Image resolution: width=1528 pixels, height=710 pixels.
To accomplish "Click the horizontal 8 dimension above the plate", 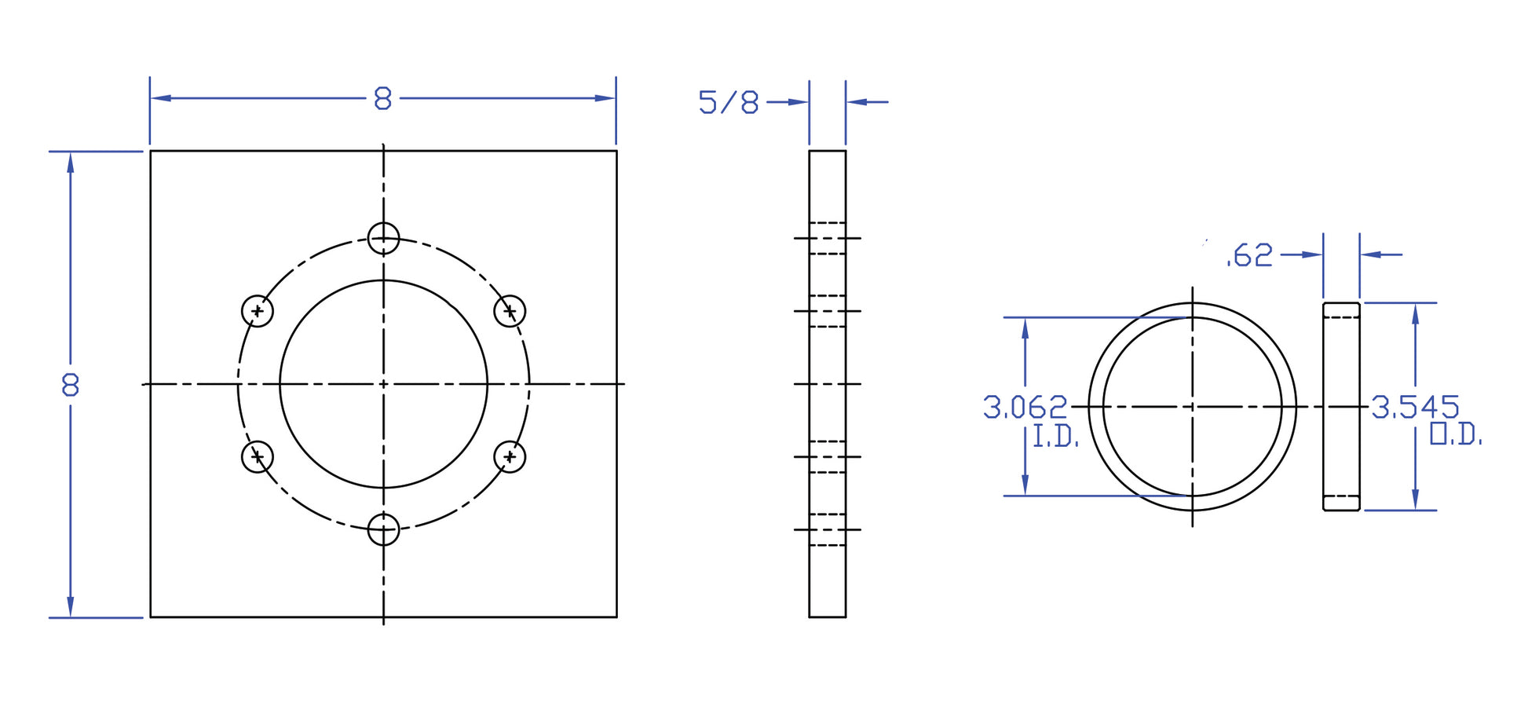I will point(382,99).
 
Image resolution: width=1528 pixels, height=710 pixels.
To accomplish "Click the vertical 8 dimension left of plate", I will point(71,385).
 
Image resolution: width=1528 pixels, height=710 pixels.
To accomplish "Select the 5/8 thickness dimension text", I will point(729,103).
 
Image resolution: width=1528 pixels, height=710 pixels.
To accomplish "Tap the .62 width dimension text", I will point(1249,256).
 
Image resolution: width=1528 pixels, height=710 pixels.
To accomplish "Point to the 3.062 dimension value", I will point(1025,408).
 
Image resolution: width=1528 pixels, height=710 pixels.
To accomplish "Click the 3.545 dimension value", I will point(1415,408).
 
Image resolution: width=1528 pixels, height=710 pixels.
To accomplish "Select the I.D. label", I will point(1055,437).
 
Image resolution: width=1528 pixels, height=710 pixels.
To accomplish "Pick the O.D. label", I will point(1455,434).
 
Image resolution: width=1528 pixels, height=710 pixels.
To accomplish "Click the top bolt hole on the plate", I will point(383,238).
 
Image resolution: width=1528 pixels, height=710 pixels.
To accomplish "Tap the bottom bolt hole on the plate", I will point(383,529).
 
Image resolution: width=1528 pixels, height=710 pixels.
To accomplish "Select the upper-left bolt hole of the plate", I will point(258,311).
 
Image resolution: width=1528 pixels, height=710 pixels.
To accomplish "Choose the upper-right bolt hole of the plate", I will point(510,311).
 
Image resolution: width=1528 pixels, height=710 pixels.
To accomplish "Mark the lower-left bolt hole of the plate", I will point(258,456).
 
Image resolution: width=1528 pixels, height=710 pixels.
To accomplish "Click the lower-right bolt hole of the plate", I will point(510,456).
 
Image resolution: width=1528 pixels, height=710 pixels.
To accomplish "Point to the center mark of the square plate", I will point(383,384).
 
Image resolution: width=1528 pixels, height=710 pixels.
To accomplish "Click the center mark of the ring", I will point(1192,407).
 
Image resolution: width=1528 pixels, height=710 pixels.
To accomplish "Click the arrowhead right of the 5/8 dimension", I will point(857,102).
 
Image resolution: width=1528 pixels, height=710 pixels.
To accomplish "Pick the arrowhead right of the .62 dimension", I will point(1371,254).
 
